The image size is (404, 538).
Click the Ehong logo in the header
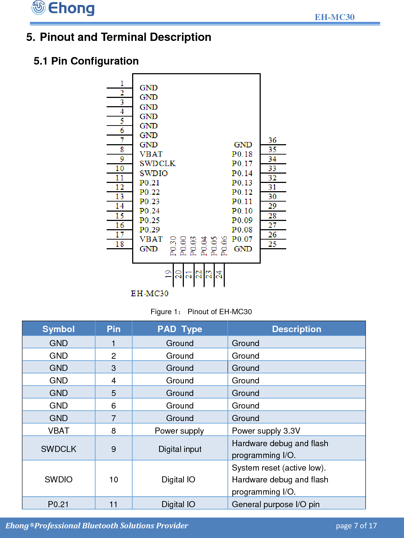point(63,8)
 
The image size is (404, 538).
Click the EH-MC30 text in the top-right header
point(334,17)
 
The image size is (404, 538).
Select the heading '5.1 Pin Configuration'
point(86,61)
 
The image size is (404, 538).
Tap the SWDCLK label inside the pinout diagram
point(158,164)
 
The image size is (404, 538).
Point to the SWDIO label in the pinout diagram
point(153,173)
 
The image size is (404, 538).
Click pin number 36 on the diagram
point(272,140)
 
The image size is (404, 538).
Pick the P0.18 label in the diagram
point(242,154)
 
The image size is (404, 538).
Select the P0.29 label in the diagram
point(149,230)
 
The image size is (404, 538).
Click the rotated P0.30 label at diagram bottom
point(173,246)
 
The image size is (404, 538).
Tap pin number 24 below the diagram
point(219,275)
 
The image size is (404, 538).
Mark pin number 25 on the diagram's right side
point(272,244)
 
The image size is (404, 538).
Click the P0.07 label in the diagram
point(242,239)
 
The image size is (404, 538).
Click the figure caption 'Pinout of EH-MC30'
point(219,312)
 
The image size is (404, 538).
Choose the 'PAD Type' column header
point(180,329)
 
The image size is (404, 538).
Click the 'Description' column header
point(296,329)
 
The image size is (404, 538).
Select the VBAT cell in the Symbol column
point(59,430)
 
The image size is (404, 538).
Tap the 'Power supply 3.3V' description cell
point(266,430)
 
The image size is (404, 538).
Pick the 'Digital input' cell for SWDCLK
point(180,449)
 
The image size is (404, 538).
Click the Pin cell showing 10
point(113,480)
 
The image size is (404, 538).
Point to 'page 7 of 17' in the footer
point(356,526)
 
